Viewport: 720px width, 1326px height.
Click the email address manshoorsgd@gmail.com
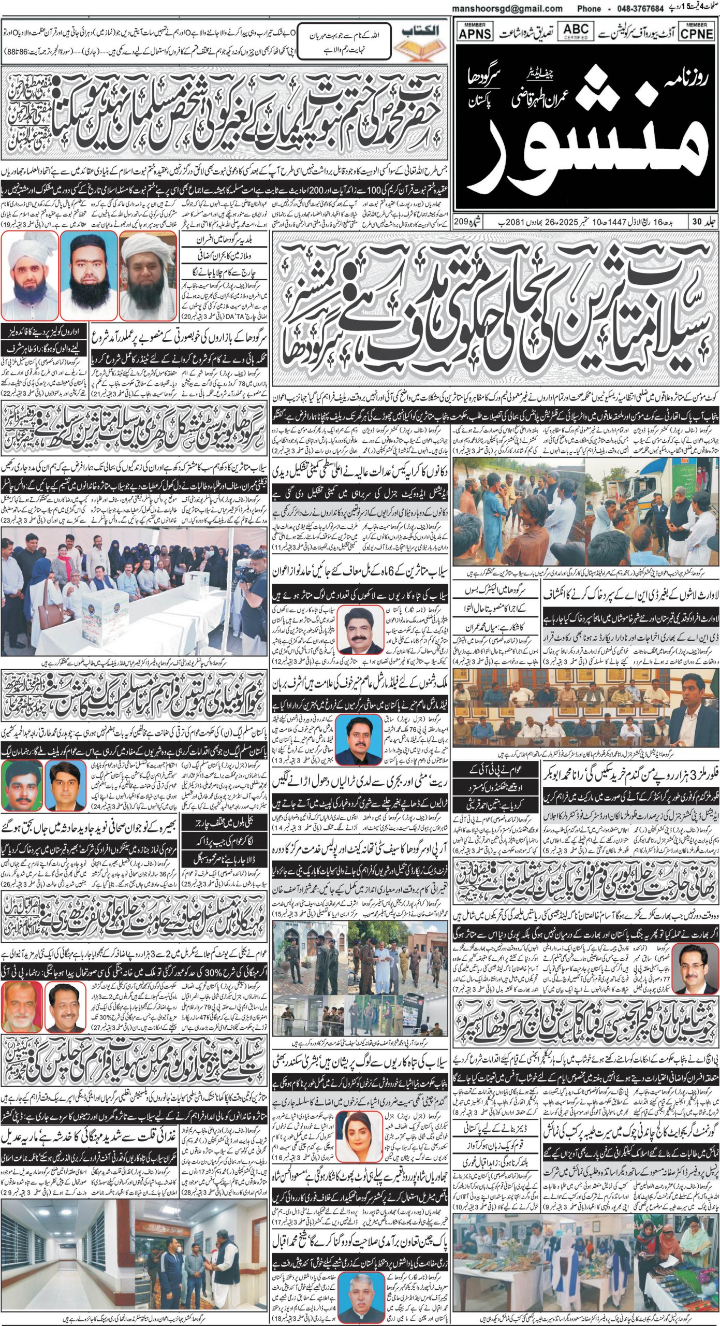pyautogui.click(x=507, y=8)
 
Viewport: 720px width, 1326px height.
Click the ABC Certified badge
pyautogui.click(x=576, y=31)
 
